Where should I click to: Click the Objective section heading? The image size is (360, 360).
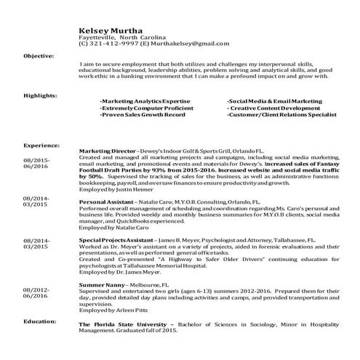[39, 55]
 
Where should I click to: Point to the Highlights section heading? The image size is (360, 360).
[40, 95]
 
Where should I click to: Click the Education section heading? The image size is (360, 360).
[40, 321]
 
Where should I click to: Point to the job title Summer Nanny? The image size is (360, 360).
[101, 284]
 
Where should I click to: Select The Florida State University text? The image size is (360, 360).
[122, 323]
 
